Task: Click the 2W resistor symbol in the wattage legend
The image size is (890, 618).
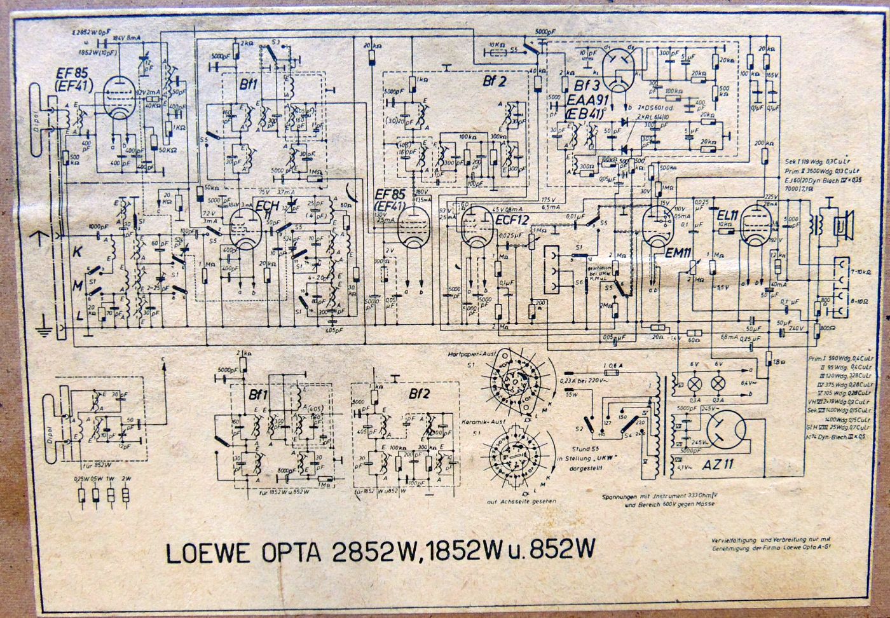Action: [x=128, y=493]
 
